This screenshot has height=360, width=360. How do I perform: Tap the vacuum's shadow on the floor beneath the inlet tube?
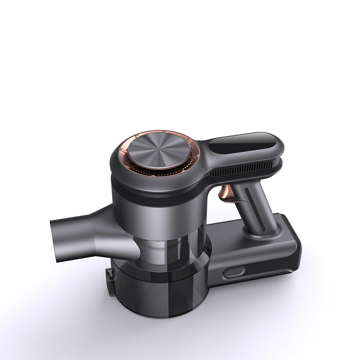click(x=72, y=274)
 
